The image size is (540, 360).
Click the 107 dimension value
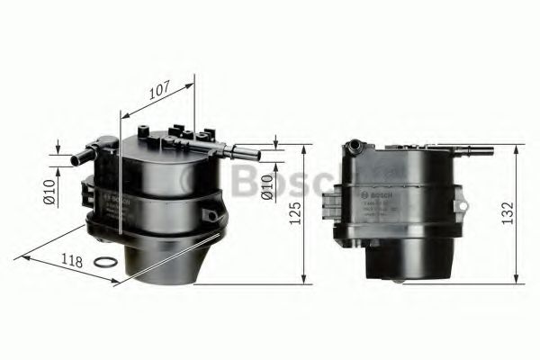(x=158, y=91)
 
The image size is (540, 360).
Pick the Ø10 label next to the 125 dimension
(x=266, y=185)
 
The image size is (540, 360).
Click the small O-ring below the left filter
(x=105, y=263)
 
